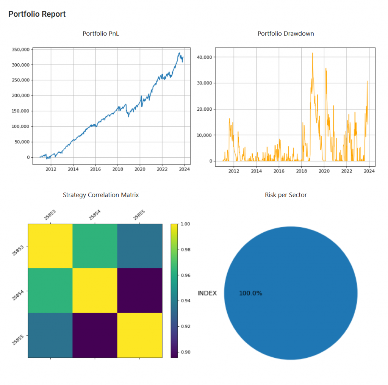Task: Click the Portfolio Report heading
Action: click(x=37, y=14)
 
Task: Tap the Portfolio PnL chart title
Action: click(x=101, y=33)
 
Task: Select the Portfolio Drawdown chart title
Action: click(x=286, y=33)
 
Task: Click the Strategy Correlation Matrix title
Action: click(x=101, y=195)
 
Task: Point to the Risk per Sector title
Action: click(x=286, y=195)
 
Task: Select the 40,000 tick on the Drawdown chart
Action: click(x=205, y=57)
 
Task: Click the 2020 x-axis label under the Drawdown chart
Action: click(x=324, y=171)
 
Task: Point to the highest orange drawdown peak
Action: click(x=313, y=53)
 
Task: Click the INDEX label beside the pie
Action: click(x=207, y=293)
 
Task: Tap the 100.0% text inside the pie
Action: click(x=250, y=293)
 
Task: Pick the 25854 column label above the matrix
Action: click(x=94, y=215)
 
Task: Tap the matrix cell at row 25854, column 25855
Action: click(x=139, y=291)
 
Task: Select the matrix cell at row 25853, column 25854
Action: click(x=95, y=246)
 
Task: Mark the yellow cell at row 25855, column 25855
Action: click(x=139, y=335)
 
